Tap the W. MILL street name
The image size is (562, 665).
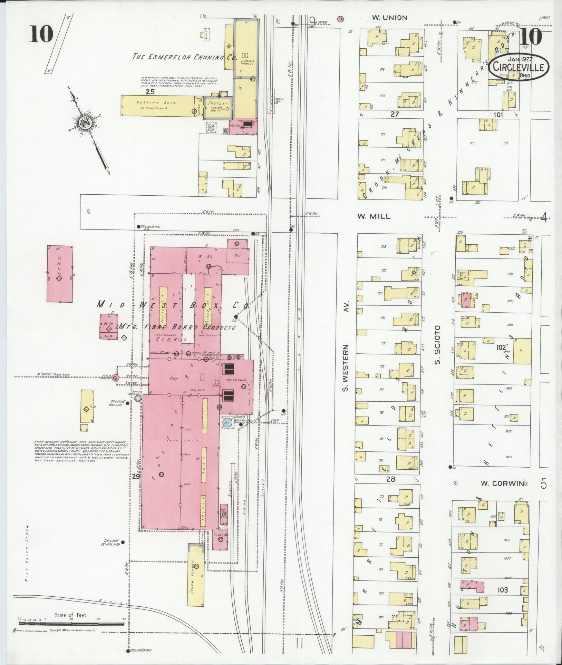click(x=374, y=216)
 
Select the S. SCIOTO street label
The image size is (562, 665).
click(x=438, y=345)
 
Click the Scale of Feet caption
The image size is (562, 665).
click(x=71, y=615)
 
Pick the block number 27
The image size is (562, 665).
click(x=395, y=114)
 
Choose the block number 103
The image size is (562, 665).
click(x=502, y=590)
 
